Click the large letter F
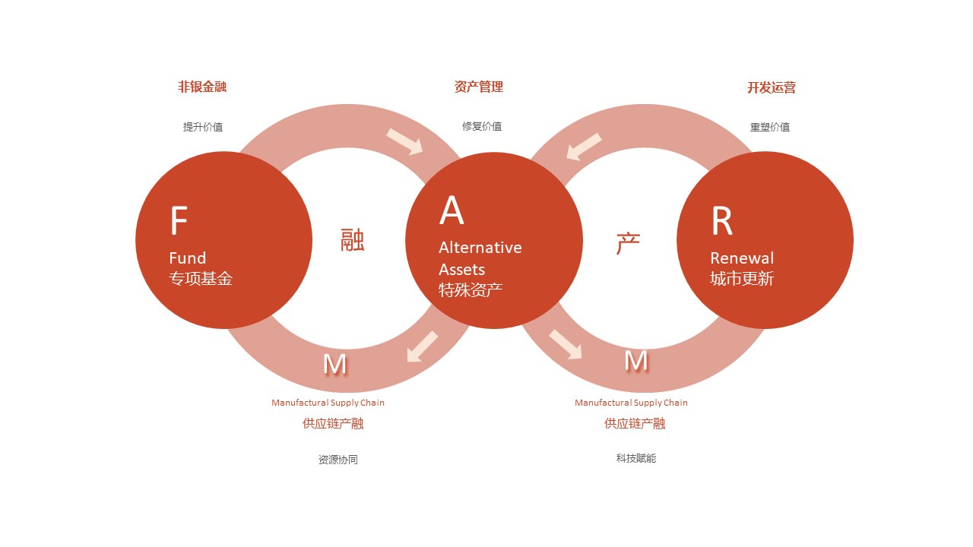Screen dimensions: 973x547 [x=179, y=220]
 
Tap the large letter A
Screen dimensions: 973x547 [x=452, y=210]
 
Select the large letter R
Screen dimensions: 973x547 [x=722, y=220]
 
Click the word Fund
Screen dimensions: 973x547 [x=187, y=258]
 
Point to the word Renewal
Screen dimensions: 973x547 [x=742, y=258]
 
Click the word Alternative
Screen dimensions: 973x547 [x=480, y=248]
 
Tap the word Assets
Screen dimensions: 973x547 [x=461, y=270]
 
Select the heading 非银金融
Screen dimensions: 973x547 [x=202, y=87]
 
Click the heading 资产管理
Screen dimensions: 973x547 [x=479, y=87]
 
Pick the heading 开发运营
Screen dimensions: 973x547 [x=772, y=87]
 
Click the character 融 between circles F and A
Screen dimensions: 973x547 [x=352, y=240]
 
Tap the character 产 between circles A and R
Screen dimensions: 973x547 [x=628, y=243]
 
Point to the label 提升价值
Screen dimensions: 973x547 [x=203, y=127]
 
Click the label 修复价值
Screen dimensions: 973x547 [x=482, y=126]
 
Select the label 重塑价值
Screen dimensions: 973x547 [x=770, y=127]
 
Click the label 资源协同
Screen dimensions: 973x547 [x=338, y=460]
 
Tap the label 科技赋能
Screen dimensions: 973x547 [x=636, y=458]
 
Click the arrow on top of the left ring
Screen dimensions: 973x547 [x=405, y=141]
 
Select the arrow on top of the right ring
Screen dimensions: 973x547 [x=585, y=147]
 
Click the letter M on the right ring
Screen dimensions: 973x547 [x=636, y=361]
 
